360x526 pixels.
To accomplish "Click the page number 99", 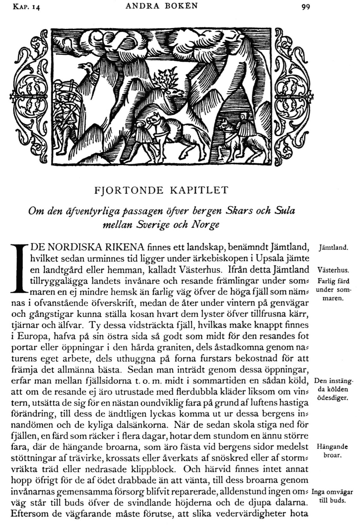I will (305, 7).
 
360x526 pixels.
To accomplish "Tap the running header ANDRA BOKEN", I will (162, 6).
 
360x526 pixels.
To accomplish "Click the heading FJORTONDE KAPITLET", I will (161, 190).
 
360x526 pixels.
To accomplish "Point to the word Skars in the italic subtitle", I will (241, 211).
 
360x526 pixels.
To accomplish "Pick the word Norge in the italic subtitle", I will (205, 225).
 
